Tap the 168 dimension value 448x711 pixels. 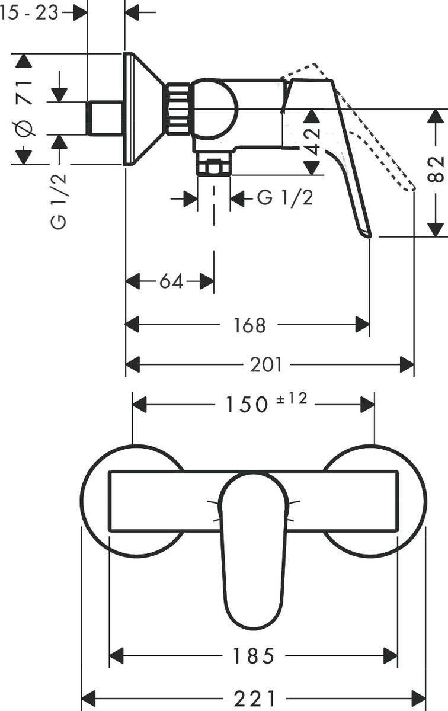[x=249, y=325]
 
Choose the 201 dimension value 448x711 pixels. [x=265, y=365]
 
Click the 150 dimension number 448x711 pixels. [x=245, y=405]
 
